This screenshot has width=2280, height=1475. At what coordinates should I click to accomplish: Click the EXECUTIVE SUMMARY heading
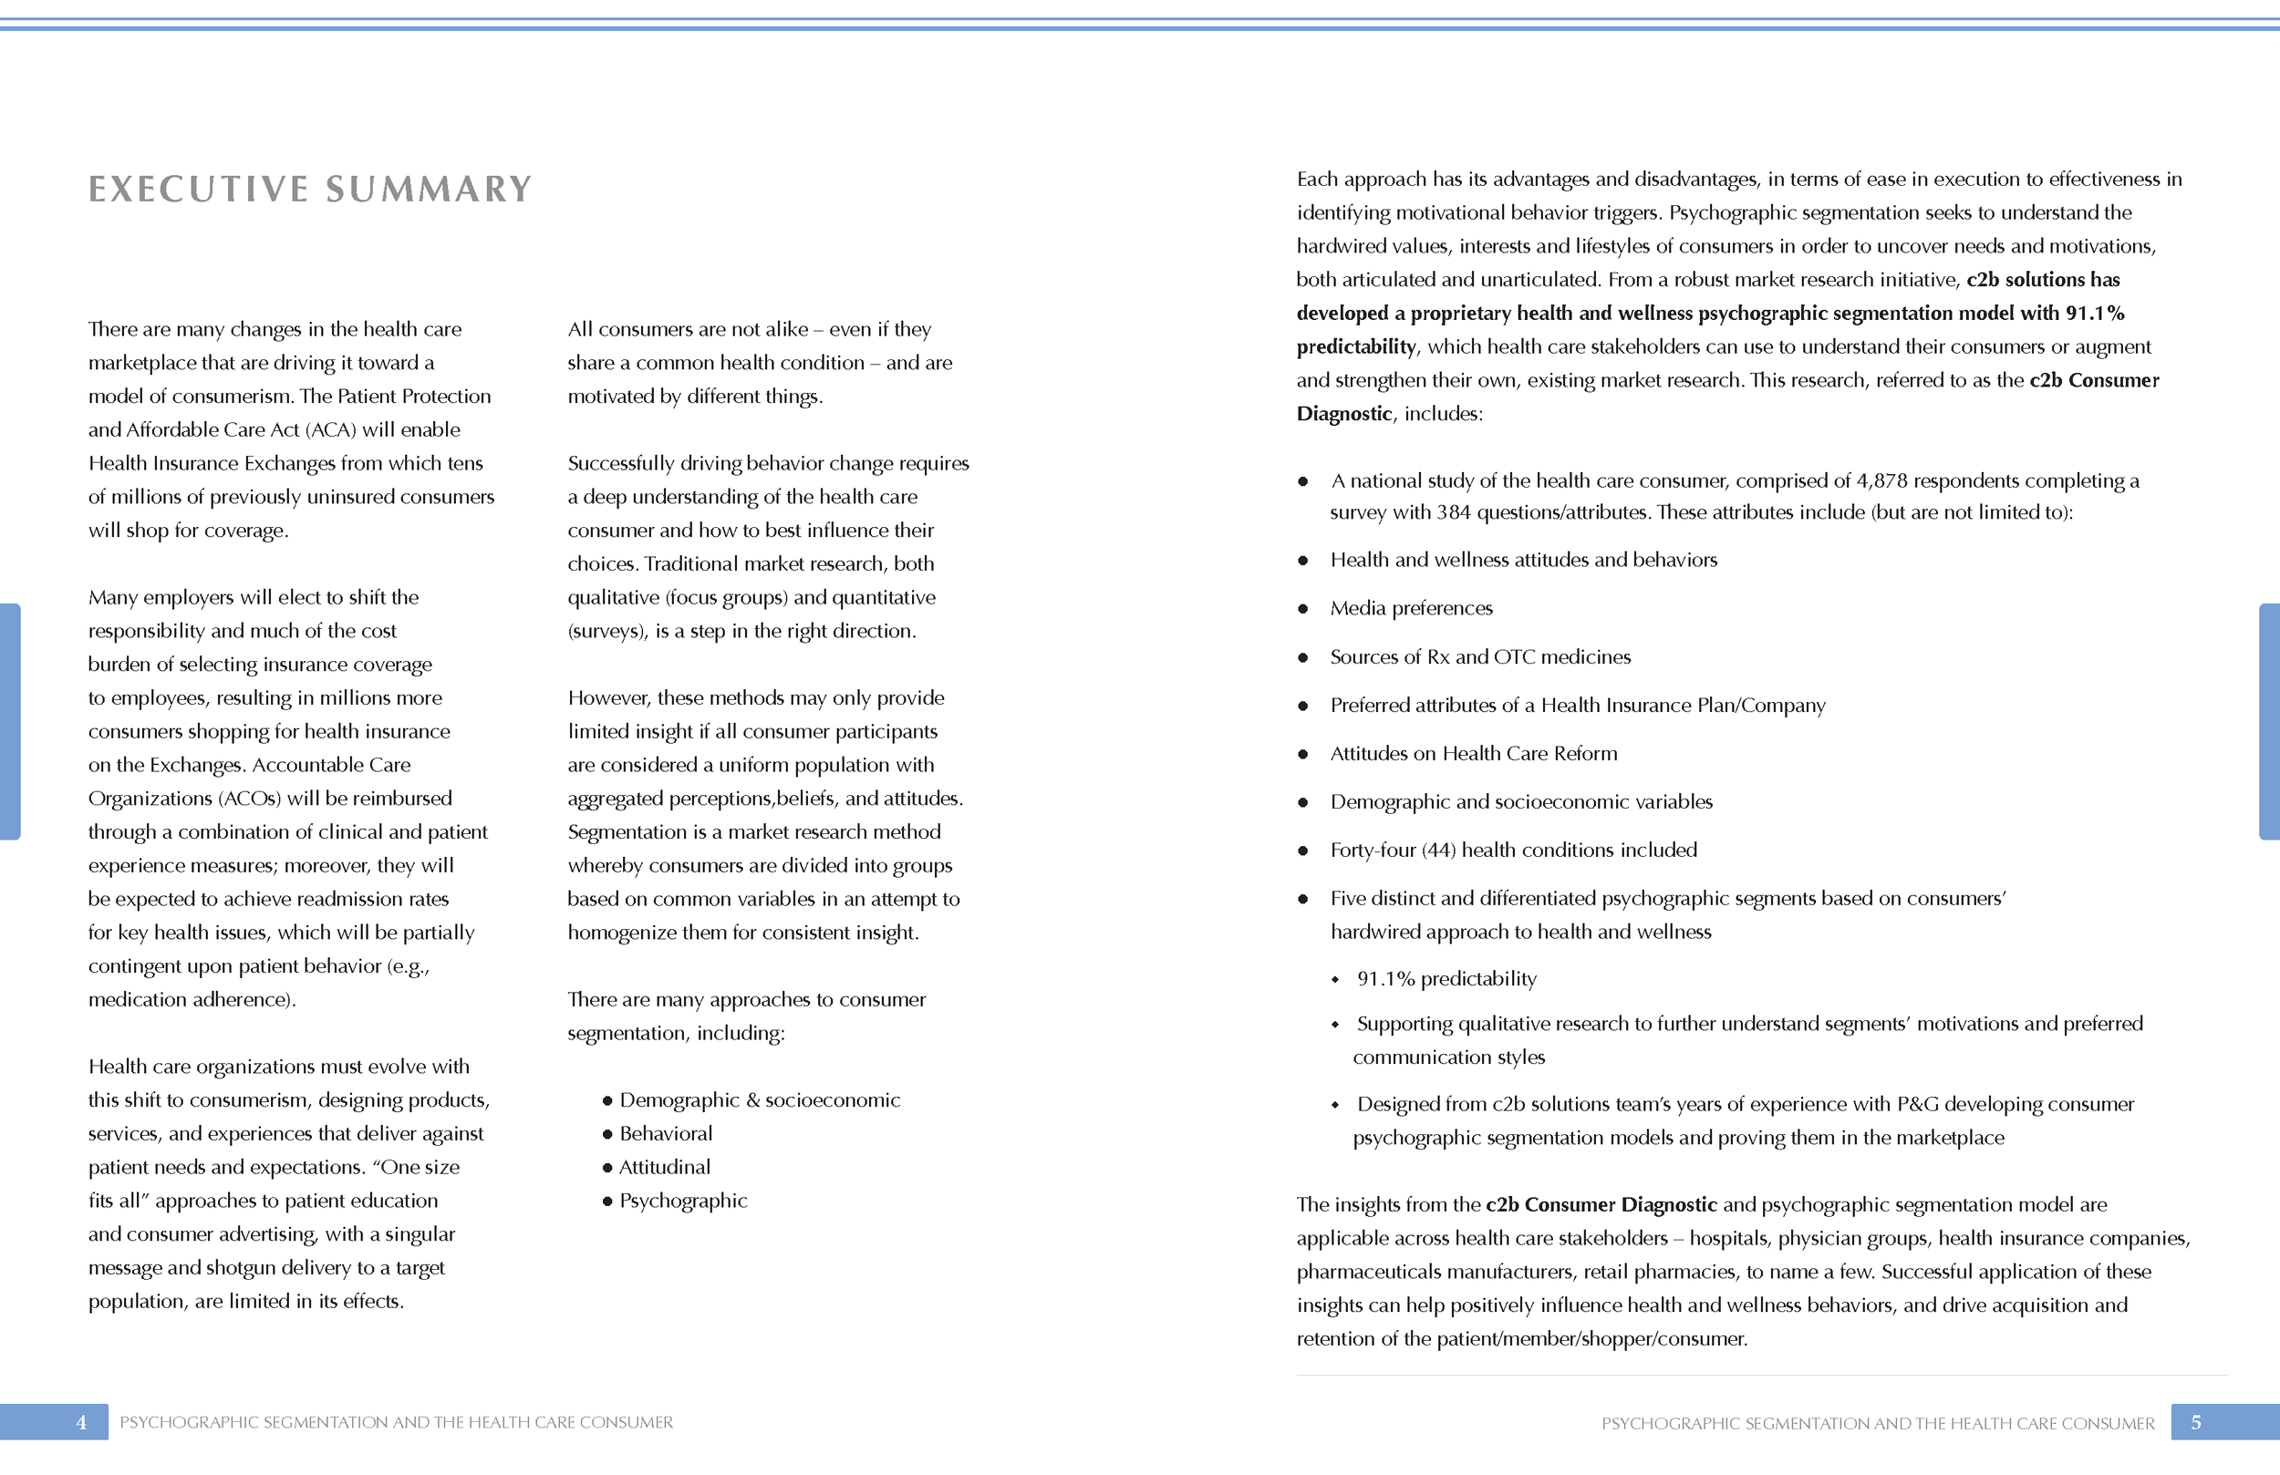[x=309, y=189]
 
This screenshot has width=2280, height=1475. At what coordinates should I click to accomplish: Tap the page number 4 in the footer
[x=81, y=1422]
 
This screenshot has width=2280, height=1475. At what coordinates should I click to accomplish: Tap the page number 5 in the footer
[x=2196, y=1422]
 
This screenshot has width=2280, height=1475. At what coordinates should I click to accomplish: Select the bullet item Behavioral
[x=665, y=1134]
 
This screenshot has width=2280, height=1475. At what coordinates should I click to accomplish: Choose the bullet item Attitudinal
[x=664, y=1168]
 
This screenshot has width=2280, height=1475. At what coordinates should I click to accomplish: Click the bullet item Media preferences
[x=1410, y=608]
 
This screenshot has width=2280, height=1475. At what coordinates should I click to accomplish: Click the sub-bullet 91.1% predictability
[x=1446, y=979]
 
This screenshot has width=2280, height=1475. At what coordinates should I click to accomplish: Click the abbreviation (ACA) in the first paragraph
[x=329, y=430]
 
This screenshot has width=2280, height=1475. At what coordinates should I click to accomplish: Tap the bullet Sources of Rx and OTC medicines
[x=1479, y=657]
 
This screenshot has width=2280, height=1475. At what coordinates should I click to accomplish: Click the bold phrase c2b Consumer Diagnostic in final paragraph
[x=1601, y=1205]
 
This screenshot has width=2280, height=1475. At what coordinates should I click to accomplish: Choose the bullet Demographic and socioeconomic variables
[x=1520, y=801]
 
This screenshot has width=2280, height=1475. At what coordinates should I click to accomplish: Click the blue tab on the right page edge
[x=2268, y=721]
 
